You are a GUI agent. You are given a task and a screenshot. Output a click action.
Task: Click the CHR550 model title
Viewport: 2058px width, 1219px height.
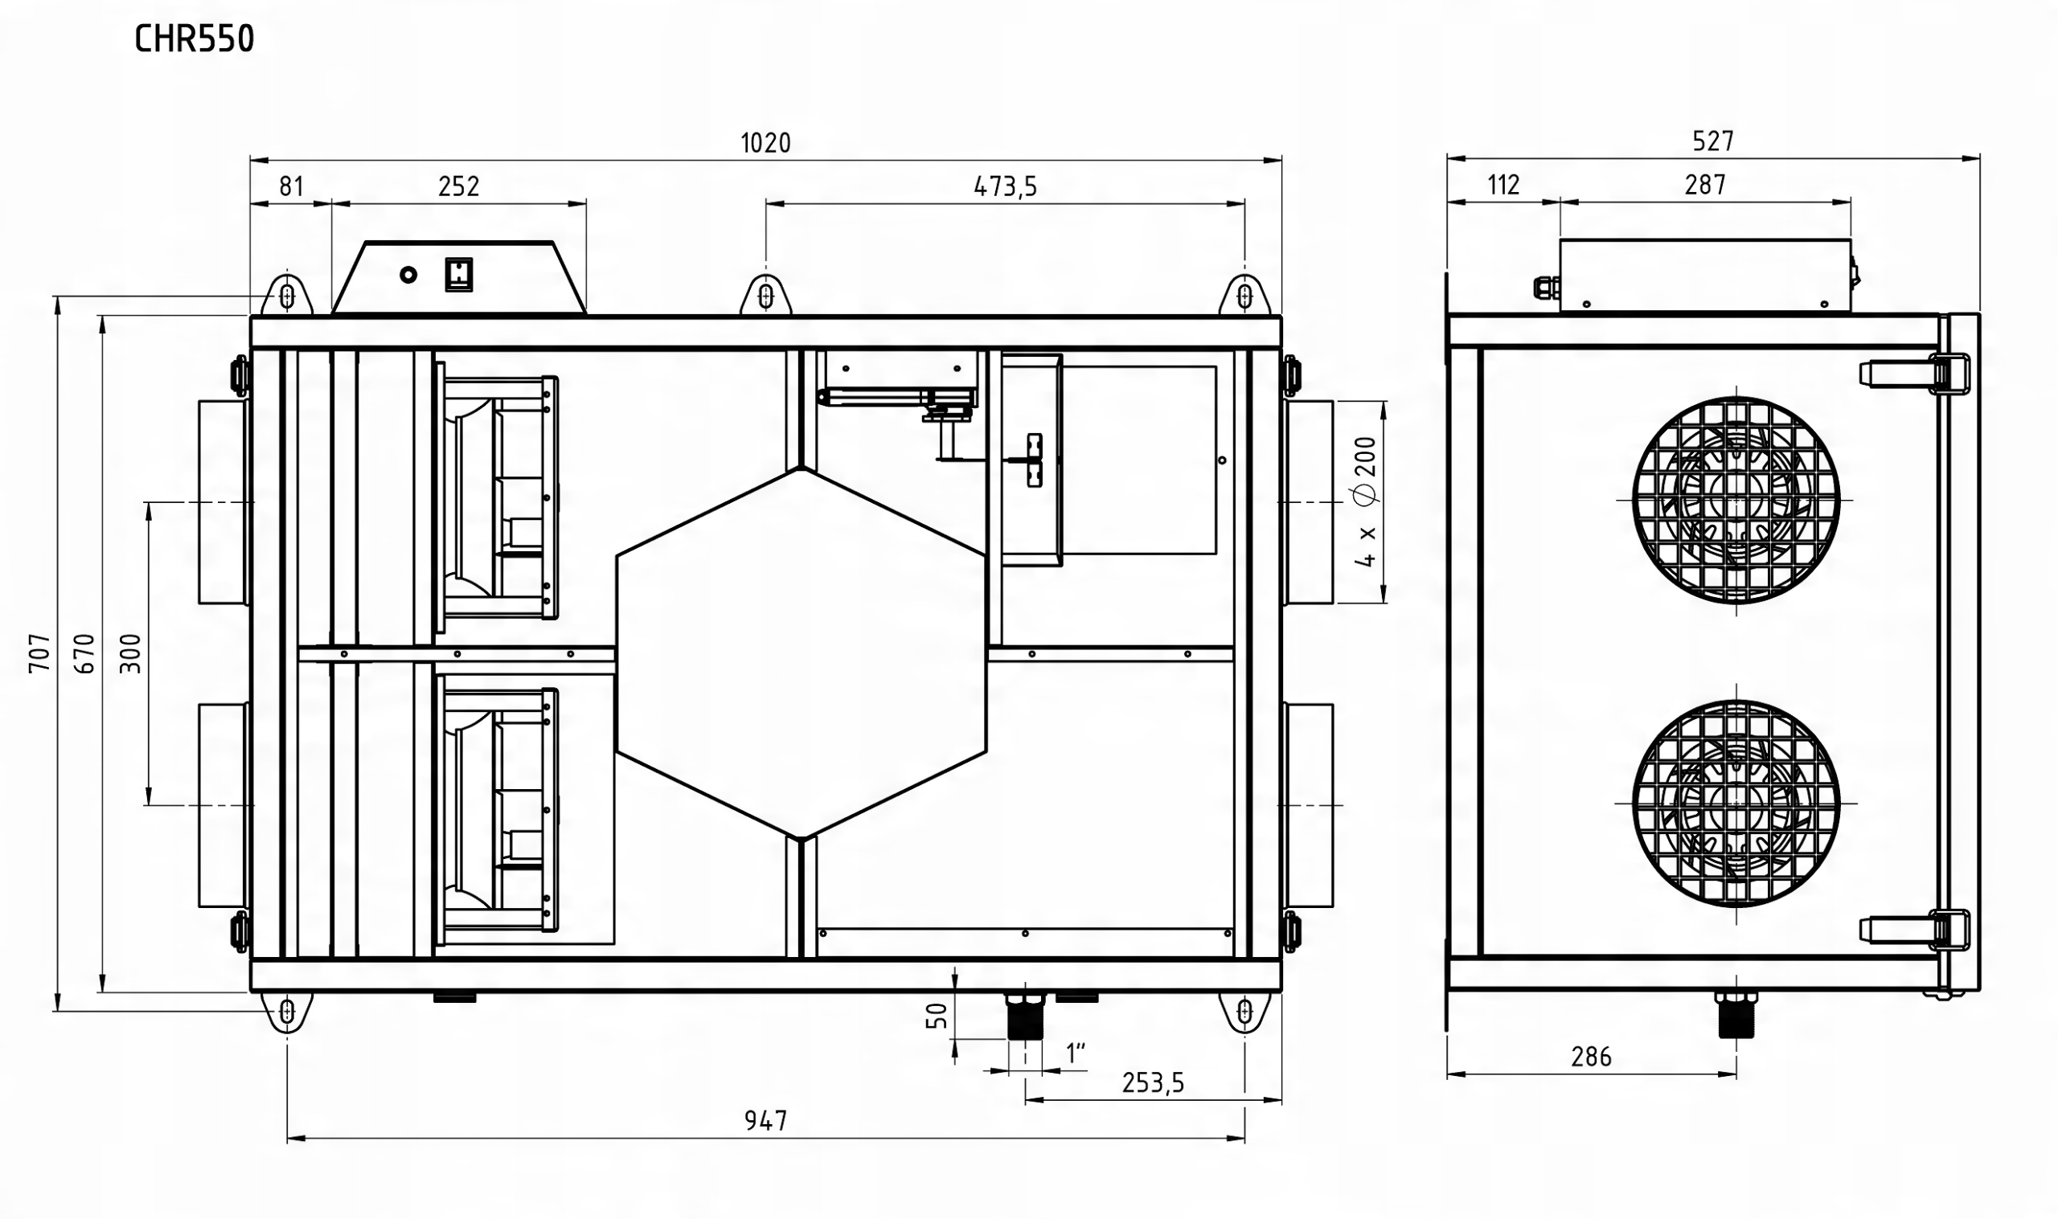(x=195, y=39)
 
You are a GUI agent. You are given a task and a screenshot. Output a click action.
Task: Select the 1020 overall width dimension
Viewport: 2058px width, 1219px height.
(x=765, y=143)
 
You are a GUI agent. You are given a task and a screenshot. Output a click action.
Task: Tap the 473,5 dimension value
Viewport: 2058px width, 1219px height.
(x=1006, y=187)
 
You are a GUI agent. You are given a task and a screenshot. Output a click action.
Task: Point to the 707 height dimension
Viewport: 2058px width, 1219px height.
(x=40, y=653)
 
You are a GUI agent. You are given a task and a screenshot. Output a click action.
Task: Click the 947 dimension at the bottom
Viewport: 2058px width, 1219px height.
(x=765, y=1120)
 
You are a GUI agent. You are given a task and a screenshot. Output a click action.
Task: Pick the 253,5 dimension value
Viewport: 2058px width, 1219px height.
(x=1153, y=1083)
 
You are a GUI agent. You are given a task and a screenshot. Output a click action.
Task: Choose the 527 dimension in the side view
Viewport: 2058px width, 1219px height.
(x=1713, y=141)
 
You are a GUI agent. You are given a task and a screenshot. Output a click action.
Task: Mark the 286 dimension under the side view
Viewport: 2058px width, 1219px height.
(x=1592, y=1057)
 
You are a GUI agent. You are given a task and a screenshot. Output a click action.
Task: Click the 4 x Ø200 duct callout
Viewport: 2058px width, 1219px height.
(x=1364, y=502)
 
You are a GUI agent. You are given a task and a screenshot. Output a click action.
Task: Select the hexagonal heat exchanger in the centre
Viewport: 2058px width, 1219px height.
(x=801, y=654)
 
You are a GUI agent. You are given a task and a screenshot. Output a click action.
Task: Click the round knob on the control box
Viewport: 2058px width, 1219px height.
(x=408, y=275)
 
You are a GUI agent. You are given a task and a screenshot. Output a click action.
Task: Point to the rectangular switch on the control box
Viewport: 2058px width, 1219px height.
(x=459, y=274)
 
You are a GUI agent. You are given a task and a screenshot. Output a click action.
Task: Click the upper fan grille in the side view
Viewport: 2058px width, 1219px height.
(x=1736, y=501)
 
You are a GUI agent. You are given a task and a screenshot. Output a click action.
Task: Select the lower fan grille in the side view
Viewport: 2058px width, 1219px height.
(x=1736, y=803)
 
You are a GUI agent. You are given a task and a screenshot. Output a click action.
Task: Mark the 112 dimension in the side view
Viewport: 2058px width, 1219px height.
(x=1503, y=185)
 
